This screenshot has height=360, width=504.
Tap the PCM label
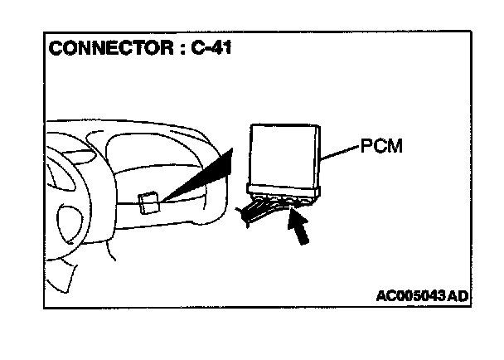382,148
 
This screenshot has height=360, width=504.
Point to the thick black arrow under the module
301,228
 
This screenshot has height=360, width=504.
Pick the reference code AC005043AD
422,296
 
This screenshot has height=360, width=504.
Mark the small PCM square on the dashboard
148,203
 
